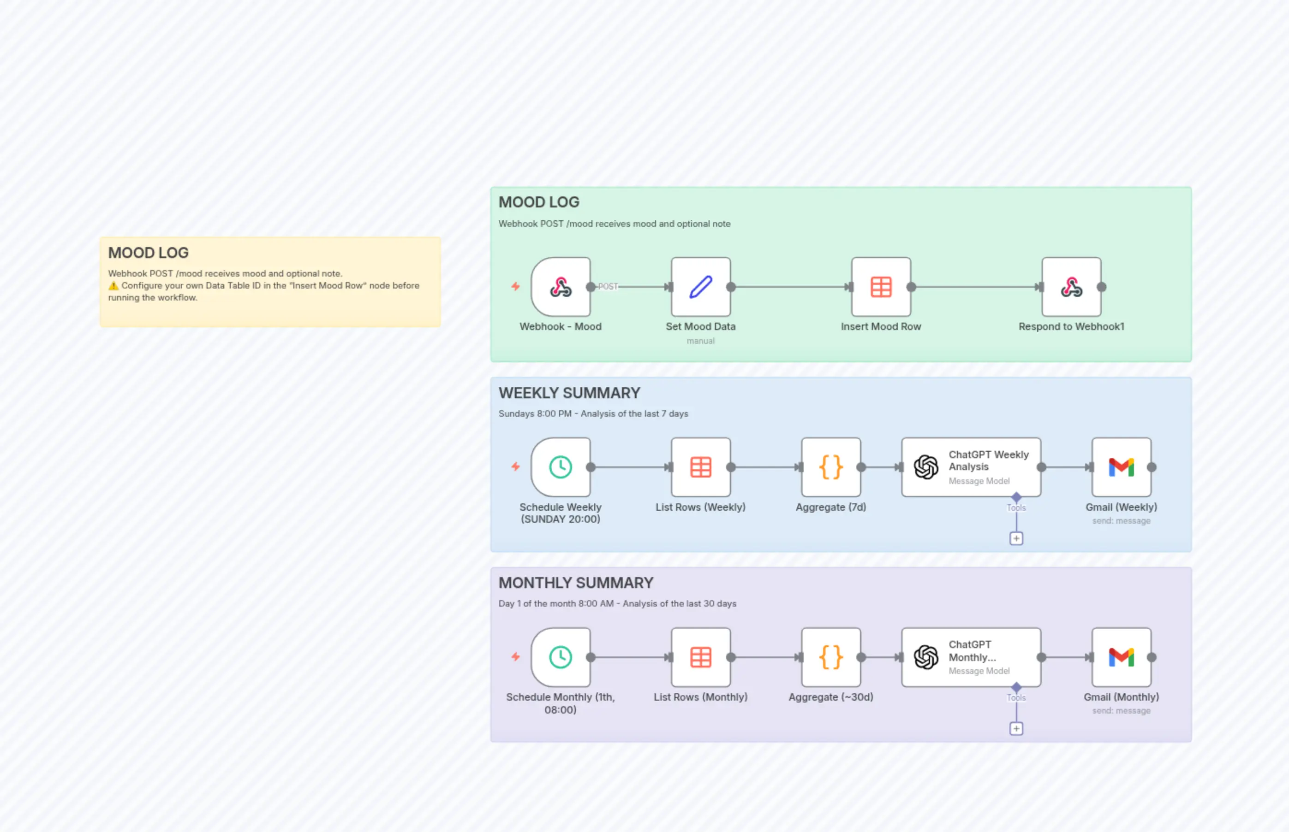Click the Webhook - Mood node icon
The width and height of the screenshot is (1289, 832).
(561, 287)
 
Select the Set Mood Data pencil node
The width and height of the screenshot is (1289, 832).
(700, 287)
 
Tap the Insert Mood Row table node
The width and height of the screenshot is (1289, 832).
(881, 287)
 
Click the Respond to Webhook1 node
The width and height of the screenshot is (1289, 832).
(1071, 287)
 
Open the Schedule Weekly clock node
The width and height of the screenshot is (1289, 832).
(561, 467)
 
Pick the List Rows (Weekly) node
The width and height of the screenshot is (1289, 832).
(700, 467)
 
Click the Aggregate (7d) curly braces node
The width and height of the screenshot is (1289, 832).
(830, 467)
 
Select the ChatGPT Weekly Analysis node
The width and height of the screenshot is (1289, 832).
(971, 467)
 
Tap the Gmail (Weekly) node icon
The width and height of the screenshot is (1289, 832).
(1121, 467)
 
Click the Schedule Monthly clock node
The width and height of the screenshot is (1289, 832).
(561, 657)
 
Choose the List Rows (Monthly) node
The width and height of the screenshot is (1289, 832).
(700, 657)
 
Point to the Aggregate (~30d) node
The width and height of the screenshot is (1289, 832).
(830, 657)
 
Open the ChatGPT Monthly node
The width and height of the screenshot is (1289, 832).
(971, 657)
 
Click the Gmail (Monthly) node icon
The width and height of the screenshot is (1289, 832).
(1121, 657)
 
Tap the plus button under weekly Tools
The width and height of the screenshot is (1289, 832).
(1016, 539)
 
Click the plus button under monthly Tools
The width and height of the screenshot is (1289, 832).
(1016, 729)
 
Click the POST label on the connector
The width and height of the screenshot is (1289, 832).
(608, 286)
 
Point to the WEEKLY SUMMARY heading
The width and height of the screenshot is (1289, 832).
(569, 393)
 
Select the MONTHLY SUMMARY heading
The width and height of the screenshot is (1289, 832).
(575, 583)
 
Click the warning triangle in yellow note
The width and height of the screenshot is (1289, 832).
(113, 286)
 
